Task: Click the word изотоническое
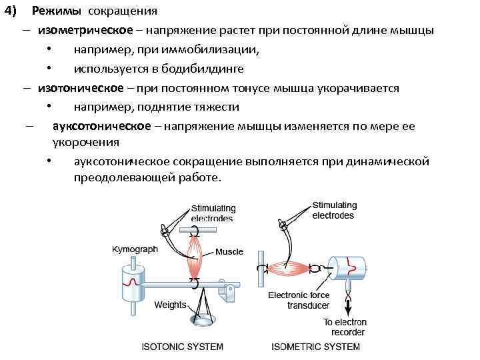[81, 88]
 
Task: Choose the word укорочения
[86, 141]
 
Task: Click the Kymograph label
[135, 249]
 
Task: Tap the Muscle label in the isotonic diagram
[229, 252]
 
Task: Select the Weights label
[170, 305]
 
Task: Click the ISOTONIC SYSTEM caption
[183, 347]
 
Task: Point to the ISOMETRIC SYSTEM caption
[315, 347]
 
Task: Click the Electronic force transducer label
[298, 300]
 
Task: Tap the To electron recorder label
[345, 327]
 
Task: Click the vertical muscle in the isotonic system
[195, 257]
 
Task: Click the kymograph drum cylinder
[131, 281]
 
